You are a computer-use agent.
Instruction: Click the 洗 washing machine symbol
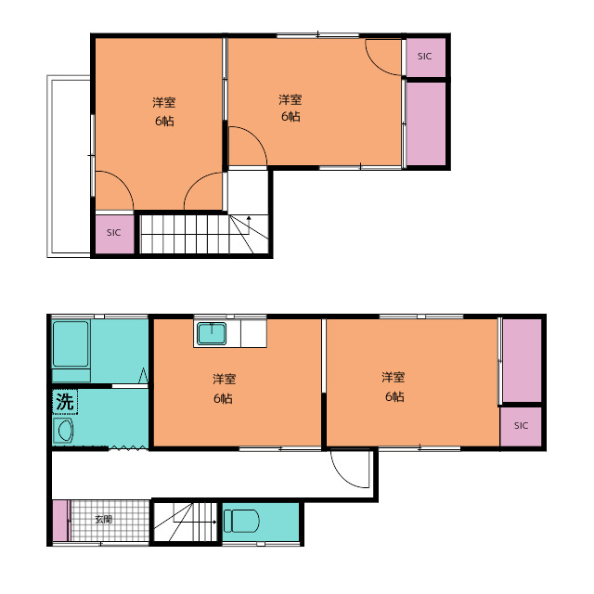65,402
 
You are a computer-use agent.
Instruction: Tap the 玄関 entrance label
103,519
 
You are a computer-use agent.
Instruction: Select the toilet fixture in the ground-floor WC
241,521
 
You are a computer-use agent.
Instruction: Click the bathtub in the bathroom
71,344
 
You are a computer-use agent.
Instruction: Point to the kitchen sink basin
212,333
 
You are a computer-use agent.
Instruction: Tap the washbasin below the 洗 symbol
63,431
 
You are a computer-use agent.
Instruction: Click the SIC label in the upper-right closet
425,57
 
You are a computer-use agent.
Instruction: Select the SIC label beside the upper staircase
113,233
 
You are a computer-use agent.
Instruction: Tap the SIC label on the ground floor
521,426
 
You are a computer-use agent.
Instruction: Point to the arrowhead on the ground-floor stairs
214,522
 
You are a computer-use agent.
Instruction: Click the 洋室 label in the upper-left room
164,103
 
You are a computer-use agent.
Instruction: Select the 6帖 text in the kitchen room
223,398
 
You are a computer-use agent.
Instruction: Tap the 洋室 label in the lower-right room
394,378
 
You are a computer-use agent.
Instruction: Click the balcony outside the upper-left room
69,167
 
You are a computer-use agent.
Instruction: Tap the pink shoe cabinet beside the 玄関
59,521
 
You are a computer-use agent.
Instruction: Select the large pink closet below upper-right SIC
426,123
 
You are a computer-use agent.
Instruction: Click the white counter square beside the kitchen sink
253,333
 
